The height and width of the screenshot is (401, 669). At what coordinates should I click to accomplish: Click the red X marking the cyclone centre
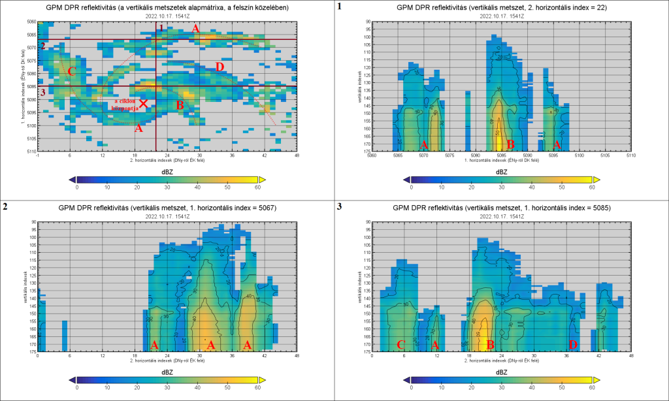point(143,103)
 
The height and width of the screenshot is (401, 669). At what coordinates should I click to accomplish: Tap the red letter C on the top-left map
point(72,71)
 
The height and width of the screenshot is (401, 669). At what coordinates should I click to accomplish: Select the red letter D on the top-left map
point(220,67)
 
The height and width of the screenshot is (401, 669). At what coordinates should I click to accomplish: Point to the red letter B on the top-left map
point(180,104)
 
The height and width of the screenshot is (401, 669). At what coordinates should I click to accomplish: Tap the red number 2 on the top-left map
point(43,46)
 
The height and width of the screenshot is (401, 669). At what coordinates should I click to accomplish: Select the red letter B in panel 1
point(511,144)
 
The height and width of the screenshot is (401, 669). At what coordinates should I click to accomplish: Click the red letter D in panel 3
point(573,344)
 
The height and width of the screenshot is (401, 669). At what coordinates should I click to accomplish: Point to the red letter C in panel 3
point(400,344)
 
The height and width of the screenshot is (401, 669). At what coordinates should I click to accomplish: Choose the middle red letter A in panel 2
point(211,344)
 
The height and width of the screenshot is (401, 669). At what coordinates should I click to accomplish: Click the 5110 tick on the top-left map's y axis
point(31,152)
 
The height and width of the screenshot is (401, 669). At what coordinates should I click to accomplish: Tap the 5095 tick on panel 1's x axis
point(553,156)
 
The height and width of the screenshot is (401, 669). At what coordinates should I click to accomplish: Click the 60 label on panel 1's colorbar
point(592,187)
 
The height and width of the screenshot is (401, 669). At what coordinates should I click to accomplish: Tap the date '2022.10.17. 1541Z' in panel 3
point(502,216)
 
